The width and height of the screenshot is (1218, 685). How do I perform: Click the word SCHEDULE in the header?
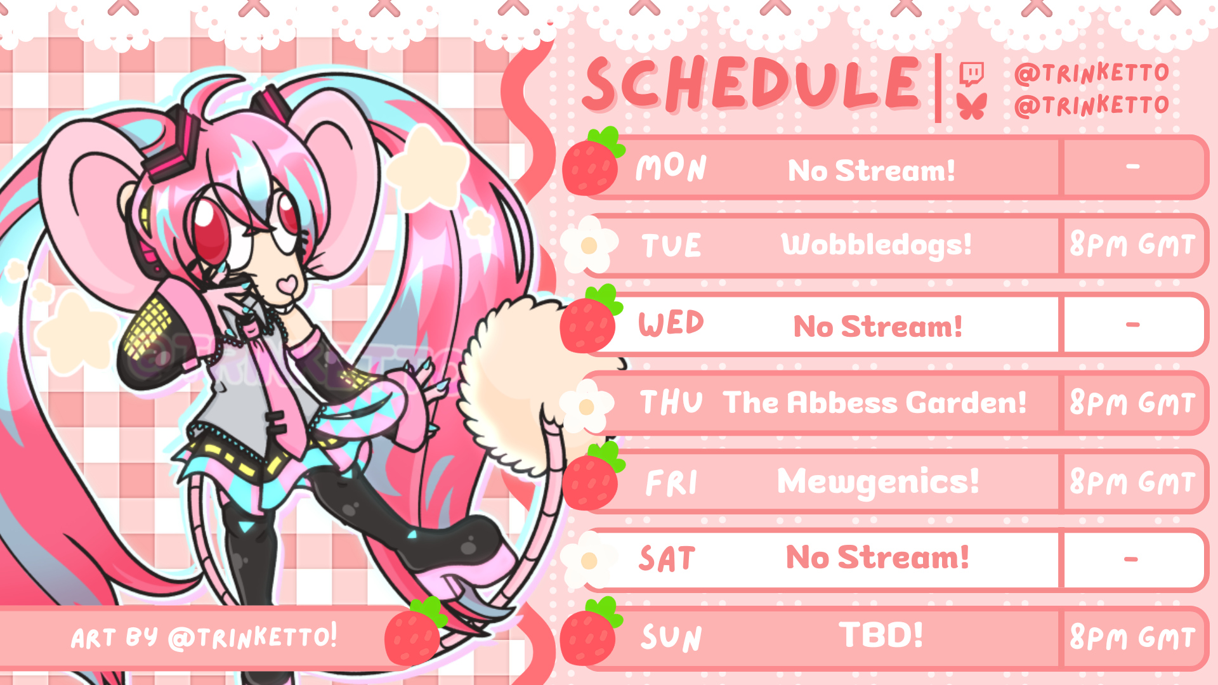pos(752,83)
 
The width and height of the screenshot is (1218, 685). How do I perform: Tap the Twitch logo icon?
pos(971,74)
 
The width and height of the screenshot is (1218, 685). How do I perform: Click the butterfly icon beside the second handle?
pos(972,106)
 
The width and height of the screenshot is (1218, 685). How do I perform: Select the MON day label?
pos(671,167)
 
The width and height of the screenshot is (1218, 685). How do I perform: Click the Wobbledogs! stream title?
pos(876,245)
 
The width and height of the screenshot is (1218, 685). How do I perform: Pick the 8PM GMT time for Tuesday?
pos(1132,244)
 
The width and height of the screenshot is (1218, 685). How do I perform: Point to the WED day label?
pos(671,323)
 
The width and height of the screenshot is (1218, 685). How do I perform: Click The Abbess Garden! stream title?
pos(875,402)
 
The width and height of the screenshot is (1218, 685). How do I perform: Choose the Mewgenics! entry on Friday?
pos(878,482)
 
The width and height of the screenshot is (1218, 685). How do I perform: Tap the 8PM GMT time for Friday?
pos(1132,481)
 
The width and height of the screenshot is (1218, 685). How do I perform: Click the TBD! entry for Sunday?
pos(881,635)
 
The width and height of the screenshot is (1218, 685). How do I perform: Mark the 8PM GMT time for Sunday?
pos(1132,637)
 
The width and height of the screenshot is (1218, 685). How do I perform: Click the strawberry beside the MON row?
pos(593,162)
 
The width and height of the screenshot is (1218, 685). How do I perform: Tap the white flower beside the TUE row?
pos(589,245)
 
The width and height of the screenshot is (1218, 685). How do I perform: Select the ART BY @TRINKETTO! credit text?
pos(204,637)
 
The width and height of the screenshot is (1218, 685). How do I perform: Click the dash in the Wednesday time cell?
pos(1133,325)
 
